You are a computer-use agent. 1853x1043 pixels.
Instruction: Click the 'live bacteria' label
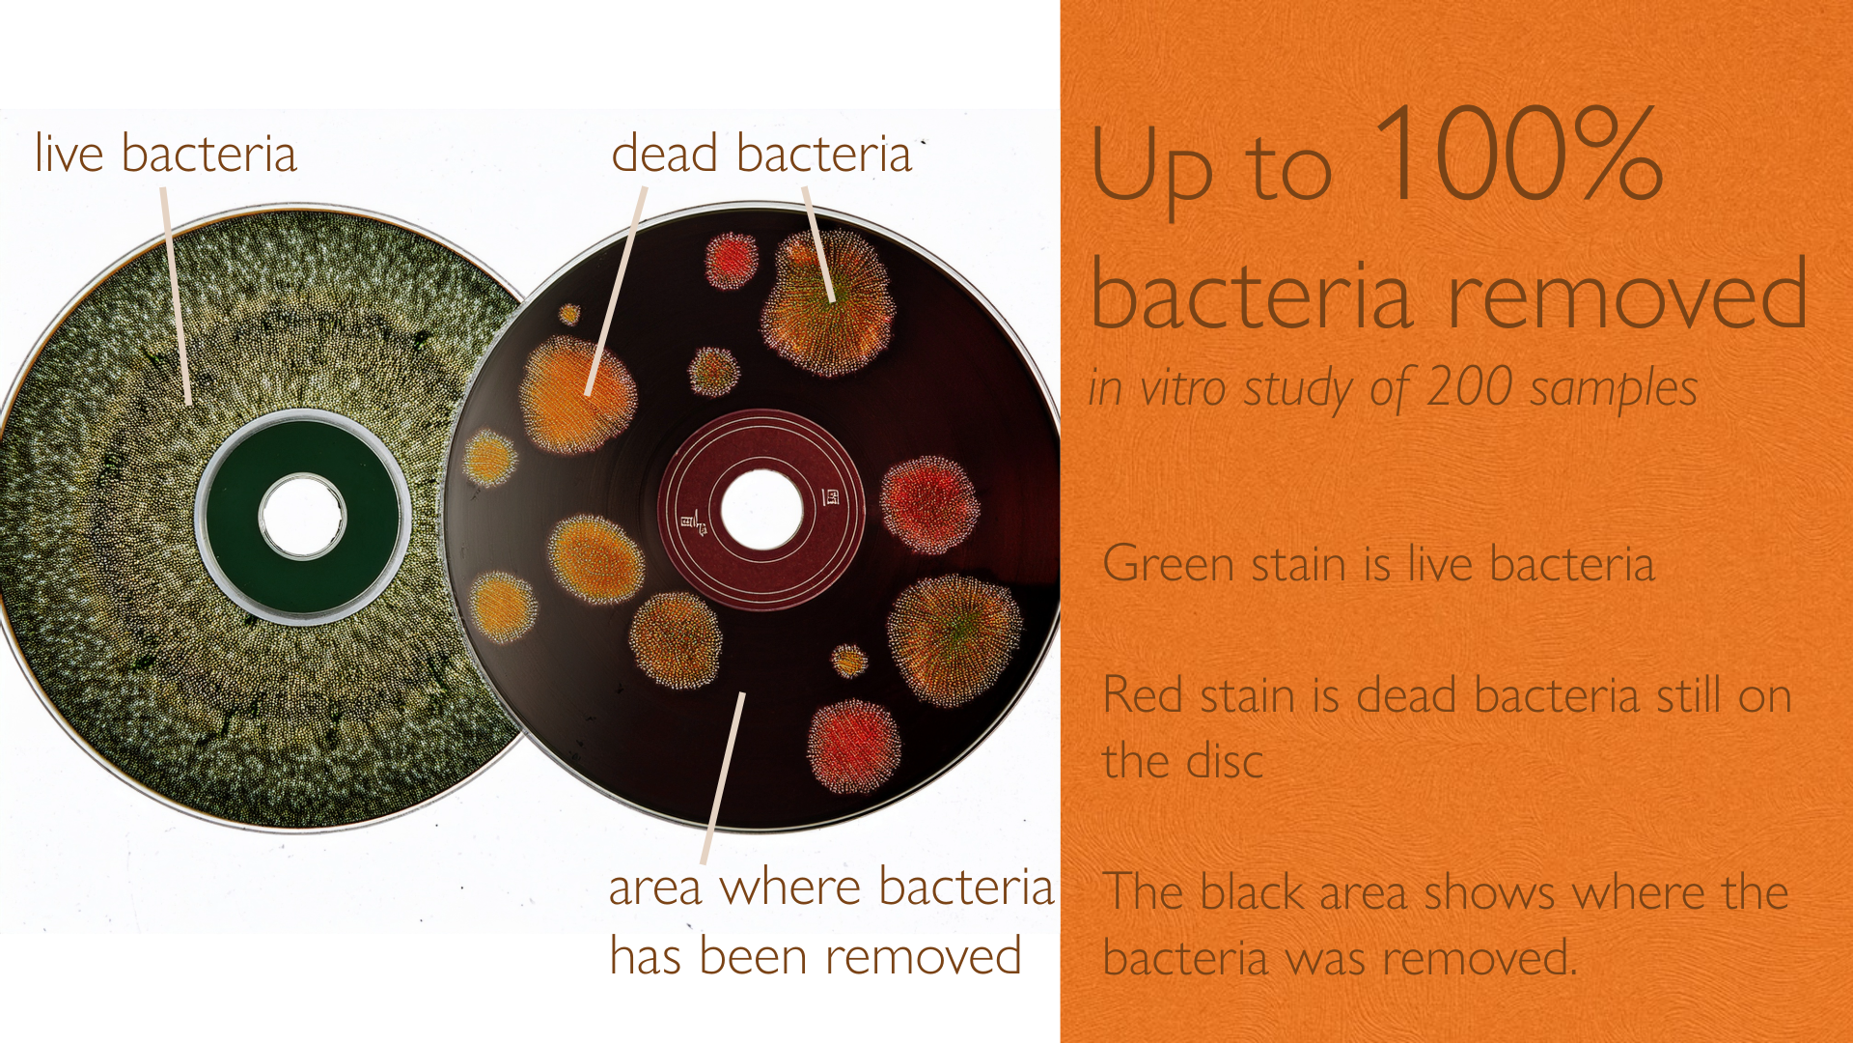(x=165, y=155)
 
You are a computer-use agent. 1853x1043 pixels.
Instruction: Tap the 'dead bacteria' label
(x=761, y=155)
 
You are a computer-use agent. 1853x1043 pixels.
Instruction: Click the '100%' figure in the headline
(x=1518, y=155)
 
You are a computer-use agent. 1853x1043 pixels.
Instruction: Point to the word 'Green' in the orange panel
(x=1168, y=564)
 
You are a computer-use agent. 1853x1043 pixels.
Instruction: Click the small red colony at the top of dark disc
(x=731, y=261)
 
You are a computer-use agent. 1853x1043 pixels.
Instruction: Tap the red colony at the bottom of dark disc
(x=853, y=747)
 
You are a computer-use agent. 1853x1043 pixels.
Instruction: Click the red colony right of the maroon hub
(x=929, y=505)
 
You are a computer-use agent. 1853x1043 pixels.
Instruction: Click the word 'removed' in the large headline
(x=1628, y=295)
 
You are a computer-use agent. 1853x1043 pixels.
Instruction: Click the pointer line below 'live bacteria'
(x=177, y=296)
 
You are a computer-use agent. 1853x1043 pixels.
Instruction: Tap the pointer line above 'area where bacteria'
(x=723, y=778)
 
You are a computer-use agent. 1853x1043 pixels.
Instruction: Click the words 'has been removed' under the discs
(x=816, y=956)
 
